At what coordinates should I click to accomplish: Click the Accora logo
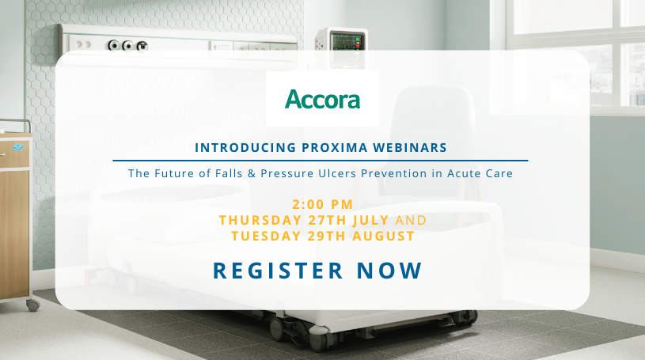point(322,100)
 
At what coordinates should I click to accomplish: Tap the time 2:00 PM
point(321,204)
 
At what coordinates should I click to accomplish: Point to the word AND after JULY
point(410,219)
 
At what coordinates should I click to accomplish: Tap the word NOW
point(389,270)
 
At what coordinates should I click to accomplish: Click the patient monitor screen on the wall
point(349,40)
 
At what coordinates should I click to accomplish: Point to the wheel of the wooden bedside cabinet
point(32,304)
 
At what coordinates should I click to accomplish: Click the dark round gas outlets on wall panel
point(127,45)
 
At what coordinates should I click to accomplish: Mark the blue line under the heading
point(320,160)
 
